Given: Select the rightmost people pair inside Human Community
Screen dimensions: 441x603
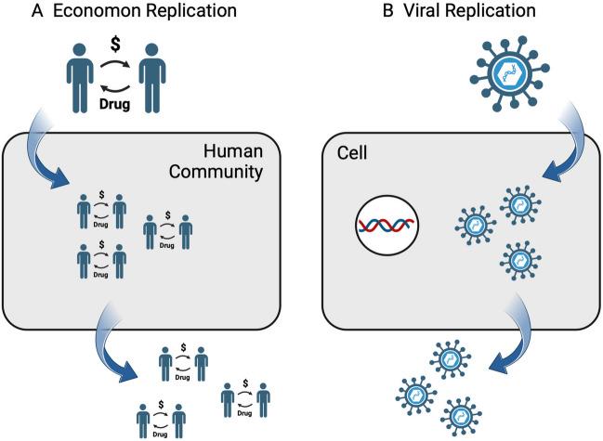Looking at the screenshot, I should pos(168,228).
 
